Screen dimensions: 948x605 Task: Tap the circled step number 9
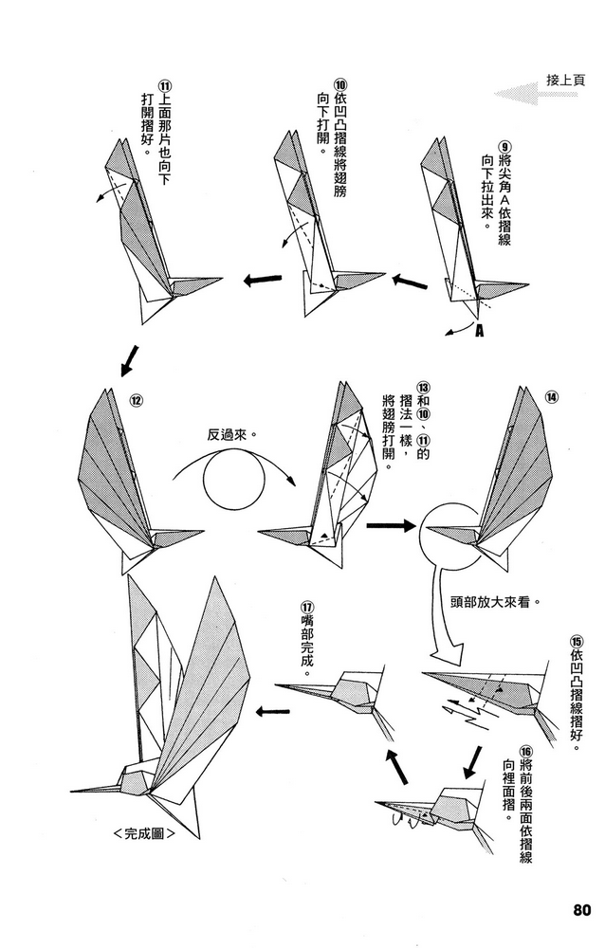coord(504,148)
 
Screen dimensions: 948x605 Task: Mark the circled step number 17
coord(306,607)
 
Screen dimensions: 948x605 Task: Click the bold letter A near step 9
coord(479,331)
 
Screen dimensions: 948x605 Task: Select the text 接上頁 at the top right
coord(565,80)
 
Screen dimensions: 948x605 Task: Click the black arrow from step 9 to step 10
coord(410,282)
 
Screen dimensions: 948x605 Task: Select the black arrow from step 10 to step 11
coord(263,280)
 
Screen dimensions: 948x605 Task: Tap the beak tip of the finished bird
coord(73,790)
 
